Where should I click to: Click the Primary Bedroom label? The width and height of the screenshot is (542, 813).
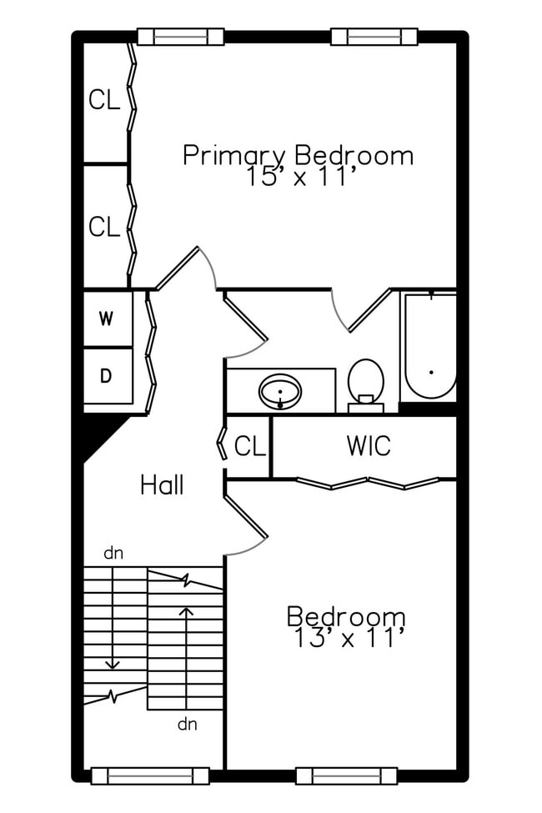pyautogui.click(x=298, y=155)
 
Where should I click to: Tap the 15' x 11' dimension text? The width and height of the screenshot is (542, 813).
pyautogui.click(x=302, y=177)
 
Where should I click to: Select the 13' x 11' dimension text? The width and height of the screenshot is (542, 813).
pyautogui.click(x=349, y=639)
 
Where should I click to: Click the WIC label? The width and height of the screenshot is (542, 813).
pyautogui.click(x=369, y=446)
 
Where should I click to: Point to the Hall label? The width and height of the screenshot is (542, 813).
pyautogui.click(x=162, y=484)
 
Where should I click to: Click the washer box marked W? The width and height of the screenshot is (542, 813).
pyautogui.click(x=107, y=319)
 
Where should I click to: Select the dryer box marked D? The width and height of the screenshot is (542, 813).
pyautogui.click(x=107, y=376)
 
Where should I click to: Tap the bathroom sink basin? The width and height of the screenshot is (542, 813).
pyautogui.click(x=280, y=391)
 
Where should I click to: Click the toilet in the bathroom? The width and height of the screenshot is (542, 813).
pyautogui.click(x=365, y=384)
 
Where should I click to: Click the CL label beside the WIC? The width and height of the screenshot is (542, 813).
pyautogui.click(x=249, y=446)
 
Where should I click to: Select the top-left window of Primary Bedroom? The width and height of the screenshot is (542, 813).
pyautogui.click(x=180, y=37)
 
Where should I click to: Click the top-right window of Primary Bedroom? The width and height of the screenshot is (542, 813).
pyautogui.click(x=374, y=37)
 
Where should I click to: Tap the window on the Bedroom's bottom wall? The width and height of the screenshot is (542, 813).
pyautogui.click(x=346, y=775)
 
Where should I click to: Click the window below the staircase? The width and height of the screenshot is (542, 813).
pyautogui.click(x=149, y=775)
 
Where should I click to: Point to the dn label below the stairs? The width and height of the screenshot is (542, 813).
pyautogui.click(x=187, y=724)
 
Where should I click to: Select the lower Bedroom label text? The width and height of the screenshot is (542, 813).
pyautogui.click(x=346, y=617)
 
